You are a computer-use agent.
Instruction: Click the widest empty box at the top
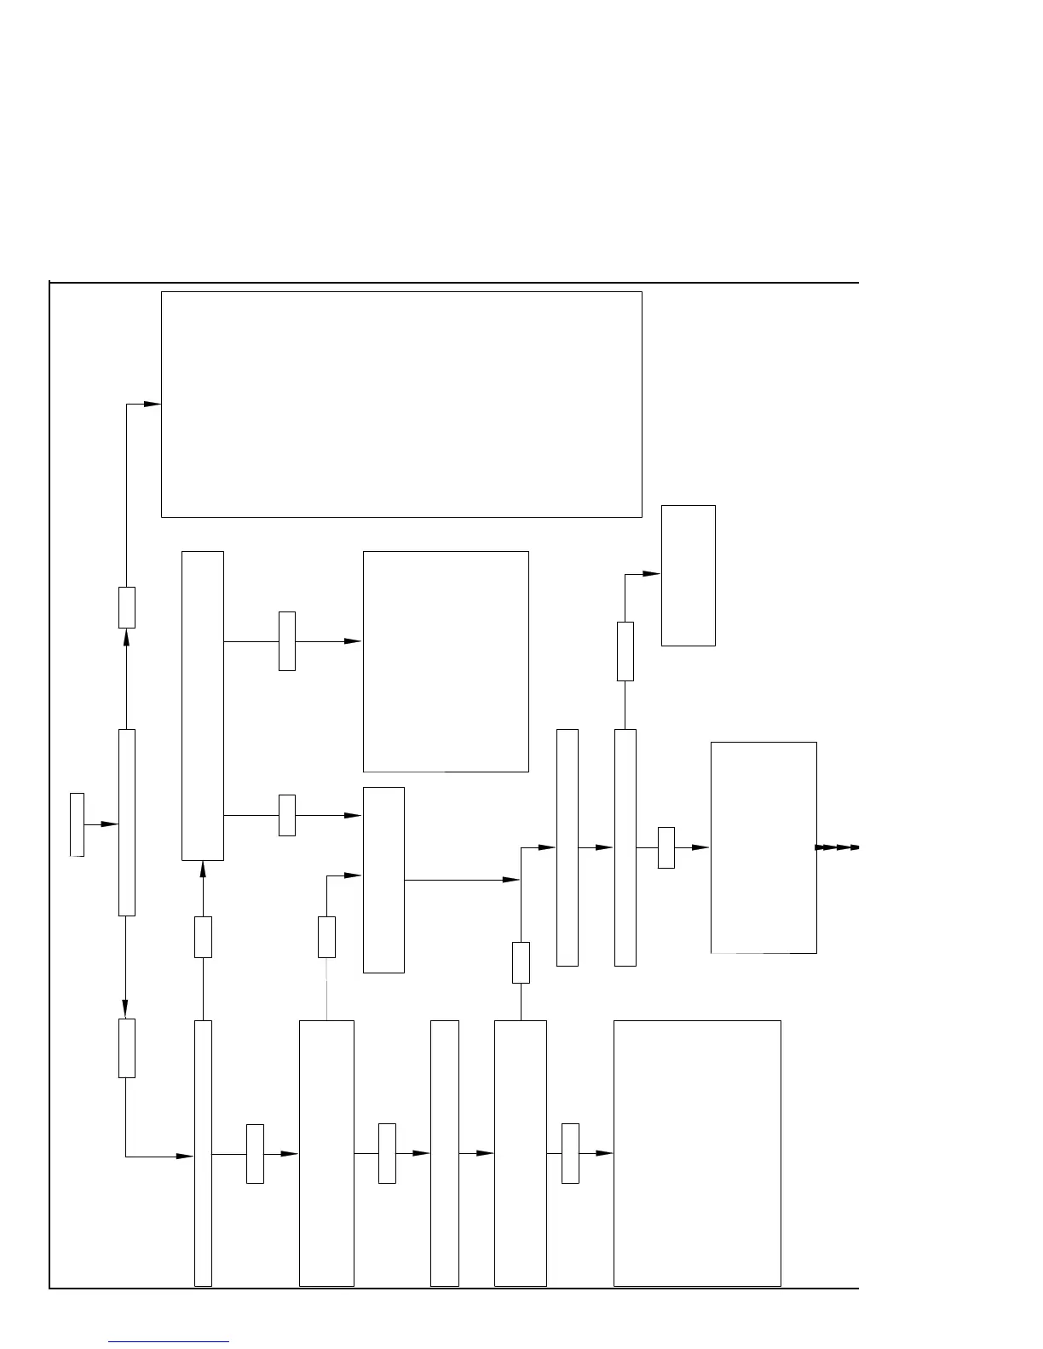[x=401, y=404]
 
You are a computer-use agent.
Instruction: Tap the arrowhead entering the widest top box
[x=152, y=404]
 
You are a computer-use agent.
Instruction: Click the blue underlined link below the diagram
[x=169, y=1341]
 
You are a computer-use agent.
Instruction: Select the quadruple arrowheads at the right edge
[x=837, y=847]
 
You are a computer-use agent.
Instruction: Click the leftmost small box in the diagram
[x=77, y=824]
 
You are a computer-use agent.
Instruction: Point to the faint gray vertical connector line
[x=326, y=988]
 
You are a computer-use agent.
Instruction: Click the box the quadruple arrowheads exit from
[x=764, y=847]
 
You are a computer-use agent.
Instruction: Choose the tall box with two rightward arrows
[x=203, y=705]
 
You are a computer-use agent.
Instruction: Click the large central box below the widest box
[x=446, y=661]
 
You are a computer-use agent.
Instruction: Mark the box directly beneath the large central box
[x=383, y=879]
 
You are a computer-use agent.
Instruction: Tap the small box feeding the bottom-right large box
[x=570, y=1153]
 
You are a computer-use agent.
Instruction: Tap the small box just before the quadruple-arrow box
[x=666, y=847]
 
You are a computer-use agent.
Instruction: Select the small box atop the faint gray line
[x=326, y=937]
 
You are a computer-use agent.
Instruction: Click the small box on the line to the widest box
[x=126, y=607]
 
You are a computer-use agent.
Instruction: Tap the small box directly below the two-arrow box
[x=203, y=937]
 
